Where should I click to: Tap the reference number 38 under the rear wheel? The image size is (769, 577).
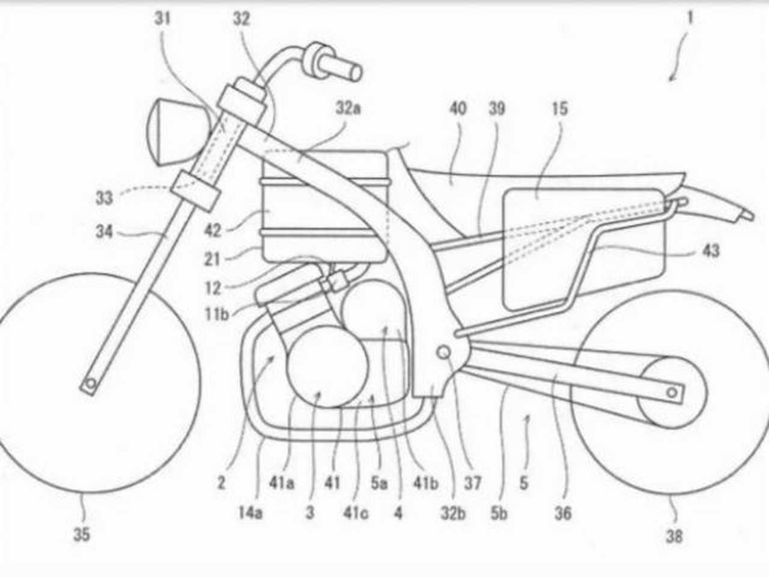click(674, 536)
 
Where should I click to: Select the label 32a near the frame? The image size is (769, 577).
click(348, 108)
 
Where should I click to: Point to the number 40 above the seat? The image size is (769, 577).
click(458, 109)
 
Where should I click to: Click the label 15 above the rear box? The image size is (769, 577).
click(559, 109)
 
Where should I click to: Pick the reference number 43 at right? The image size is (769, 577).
click(711, 251)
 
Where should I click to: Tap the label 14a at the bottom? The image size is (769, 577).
click(250, 513)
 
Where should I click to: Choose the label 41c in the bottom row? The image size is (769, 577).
click(356, 513)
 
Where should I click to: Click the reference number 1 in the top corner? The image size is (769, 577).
click(690, 17)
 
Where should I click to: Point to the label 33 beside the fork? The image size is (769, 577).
click(105, 198)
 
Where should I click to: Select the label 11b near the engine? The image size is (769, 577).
click(217, 314)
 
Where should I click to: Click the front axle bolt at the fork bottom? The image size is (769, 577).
click(91, 384)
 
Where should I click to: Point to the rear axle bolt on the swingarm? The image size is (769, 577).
click(672, 392)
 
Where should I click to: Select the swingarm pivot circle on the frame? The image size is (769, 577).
click(443, 352)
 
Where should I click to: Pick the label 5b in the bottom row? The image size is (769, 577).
click(499, 513)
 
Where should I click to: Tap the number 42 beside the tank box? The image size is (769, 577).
click(213, 231)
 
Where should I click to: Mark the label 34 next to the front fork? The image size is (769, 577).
click(105, 231)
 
